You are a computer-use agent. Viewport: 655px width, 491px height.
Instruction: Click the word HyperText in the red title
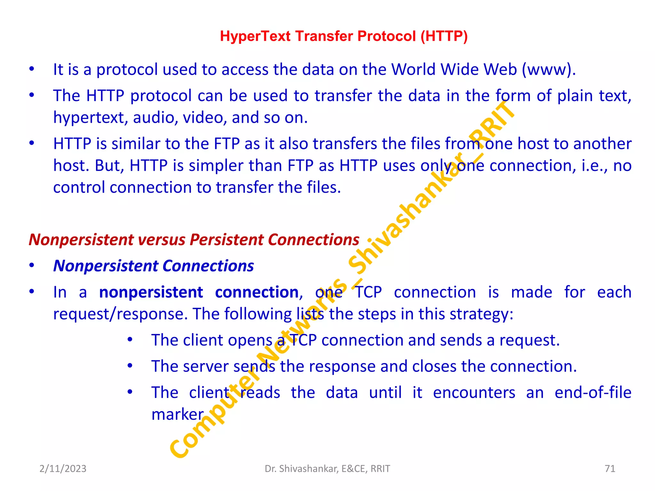pos(255,36)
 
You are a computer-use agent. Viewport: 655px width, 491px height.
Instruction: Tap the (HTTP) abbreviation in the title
pos(444,36)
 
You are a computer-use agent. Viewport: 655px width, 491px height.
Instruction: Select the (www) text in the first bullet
pos(548,70)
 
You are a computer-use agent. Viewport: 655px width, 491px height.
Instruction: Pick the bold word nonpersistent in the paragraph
pos(151,292)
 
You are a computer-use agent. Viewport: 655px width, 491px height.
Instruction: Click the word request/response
pos(120,314)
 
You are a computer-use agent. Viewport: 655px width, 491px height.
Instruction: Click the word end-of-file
pos(593,393)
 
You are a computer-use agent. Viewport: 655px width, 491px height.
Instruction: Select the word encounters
pos(474,393)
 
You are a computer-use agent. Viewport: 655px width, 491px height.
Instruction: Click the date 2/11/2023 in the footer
pos(63,469)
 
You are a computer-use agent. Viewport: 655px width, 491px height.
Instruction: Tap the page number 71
pos(610,469)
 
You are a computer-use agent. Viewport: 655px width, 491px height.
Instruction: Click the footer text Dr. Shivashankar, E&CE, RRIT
pos(327,469)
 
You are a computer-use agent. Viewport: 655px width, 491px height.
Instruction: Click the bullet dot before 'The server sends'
pos(130,366)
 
